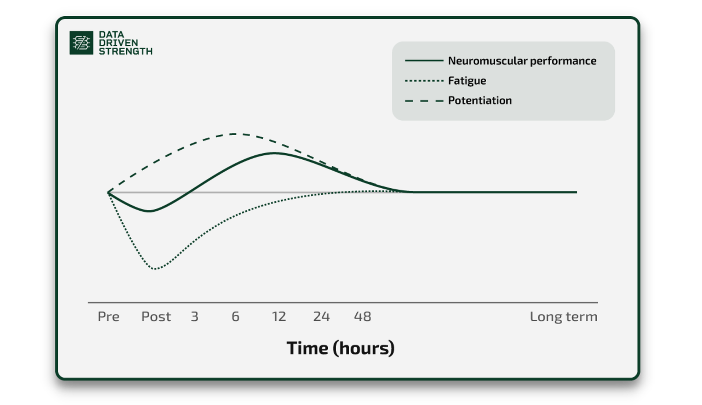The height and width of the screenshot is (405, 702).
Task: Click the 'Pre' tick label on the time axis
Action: [108, 317]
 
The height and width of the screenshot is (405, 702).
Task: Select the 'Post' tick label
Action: [156, 317]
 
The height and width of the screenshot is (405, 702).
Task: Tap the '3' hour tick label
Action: [195, 317]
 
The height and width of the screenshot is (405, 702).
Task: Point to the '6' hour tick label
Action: [236, 317]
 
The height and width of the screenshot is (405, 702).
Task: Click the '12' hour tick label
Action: [279, 317]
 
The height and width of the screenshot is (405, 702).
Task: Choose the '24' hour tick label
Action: [321, 317]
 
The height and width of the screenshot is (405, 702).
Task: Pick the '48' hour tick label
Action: [362, 317]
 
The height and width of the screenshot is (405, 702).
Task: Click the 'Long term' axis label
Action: [564, 317]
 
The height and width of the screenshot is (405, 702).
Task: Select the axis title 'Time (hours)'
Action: [340, 348]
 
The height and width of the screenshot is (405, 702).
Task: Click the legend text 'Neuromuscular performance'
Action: [523, 61]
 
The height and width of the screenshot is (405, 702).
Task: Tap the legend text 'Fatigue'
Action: [467, 81]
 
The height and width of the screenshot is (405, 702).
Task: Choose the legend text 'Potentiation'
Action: [480, 100]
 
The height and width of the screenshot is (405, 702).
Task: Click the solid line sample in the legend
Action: [424, 61]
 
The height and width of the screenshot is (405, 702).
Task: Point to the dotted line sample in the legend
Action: [424, 81]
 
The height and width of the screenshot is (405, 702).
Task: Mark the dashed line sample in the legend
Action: [424, 101]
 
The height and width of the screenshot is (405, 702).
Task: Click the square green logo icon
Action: [81, 43]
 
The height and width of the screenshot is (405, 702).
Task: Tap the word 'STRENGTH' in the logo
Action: [125, 51]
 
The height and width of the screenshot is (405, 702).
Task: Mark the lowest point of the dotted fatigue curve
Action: [154, 269]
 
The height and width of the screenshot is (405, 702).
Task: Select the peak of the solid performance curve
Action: [275, 153]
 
